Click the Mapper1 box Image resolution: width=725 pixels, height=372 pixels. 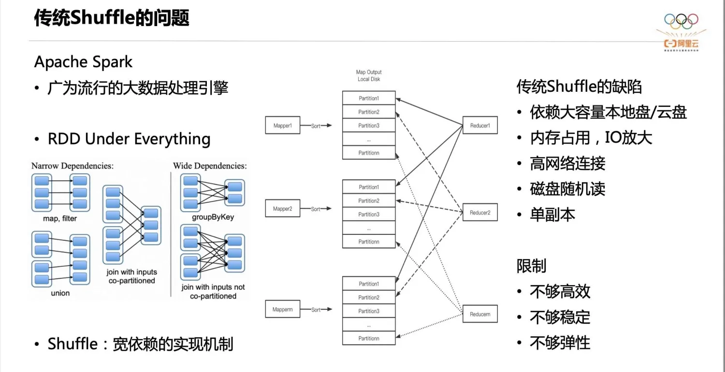(283, 126)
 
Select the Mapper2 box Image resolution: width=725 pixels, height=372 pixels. (283, 209)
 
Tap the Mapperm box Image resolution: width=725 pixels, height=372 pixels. (283, 310)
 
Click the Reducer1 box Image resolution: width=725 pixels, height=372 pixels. (480, 126)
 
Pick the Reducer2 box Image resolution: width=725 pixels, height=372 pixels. (480, 213)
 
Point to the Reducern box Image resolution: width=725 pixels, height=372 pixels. (480, 315)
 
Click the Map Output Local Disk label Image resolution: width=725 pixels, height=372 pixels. (369, 76)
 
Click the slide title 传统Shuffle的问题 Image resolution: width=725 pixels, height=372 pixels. (112, 18)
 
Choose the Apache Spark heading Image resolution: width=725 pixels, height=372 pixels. (83, 62)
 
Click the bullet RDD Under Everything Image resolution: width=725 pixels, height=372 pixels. (129, 139)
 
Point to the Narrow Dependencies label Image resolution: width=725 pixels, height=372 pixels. (72, 166)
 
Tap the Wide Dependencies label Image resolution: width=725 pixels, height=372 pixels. (210, 166)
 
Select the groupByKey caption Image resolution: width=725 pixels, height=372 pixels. (213, 217)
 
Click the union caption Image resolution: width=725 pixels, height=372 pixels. (60, 293)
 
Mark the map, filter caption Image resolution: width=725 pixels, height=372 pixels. (60, 219)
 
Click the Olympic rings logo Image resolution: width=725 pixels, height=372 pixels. (681, 20)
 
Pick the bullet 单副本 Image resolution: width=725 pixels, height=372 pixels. (552, 215)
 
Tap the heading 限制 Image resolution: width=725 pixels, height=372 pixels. (531, 266)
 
